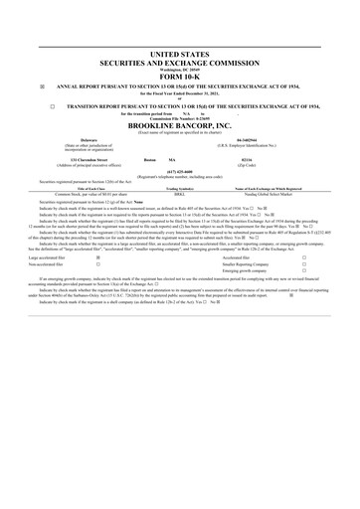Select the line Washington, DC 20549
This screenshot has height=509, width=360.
tap(179, 67)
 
